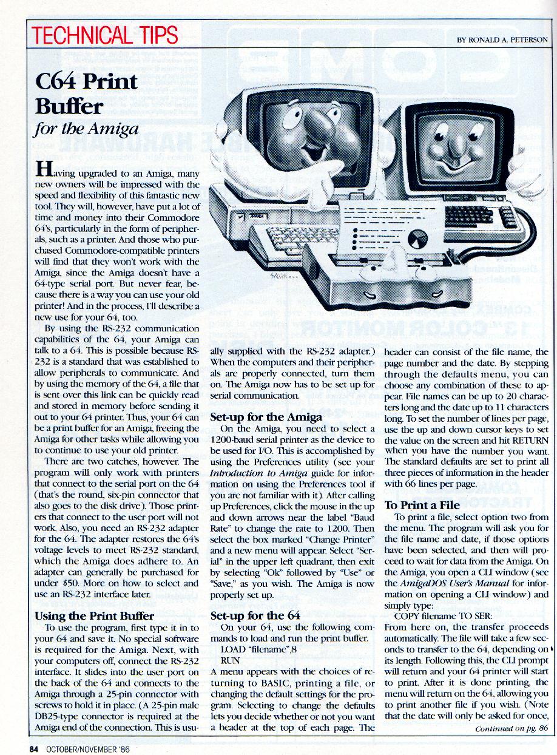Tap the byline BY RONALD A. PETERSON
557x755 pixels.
(x=502, y=40)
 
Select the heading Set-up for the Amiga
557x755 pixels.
(x=266, y=417)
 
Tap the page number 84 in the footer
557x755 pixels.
(x=35, y=748)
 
